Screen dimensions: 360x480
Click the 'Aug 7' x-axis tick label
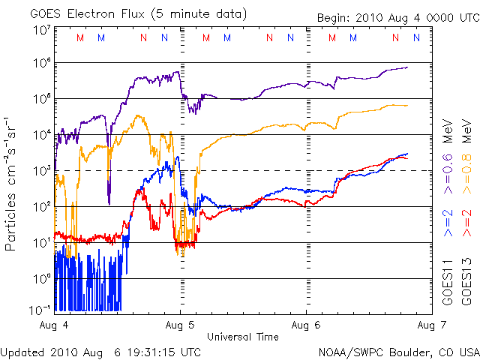click(430, 325)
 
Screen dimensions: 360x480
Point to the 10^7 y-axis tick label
click(41, 30)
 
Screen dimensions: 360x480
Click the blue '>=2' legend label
click(449, 223)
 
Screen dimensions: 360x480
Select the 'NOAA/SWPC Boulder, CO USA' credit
click(398, 351)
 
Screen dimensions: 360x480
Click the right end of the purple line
click(407, 67)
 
